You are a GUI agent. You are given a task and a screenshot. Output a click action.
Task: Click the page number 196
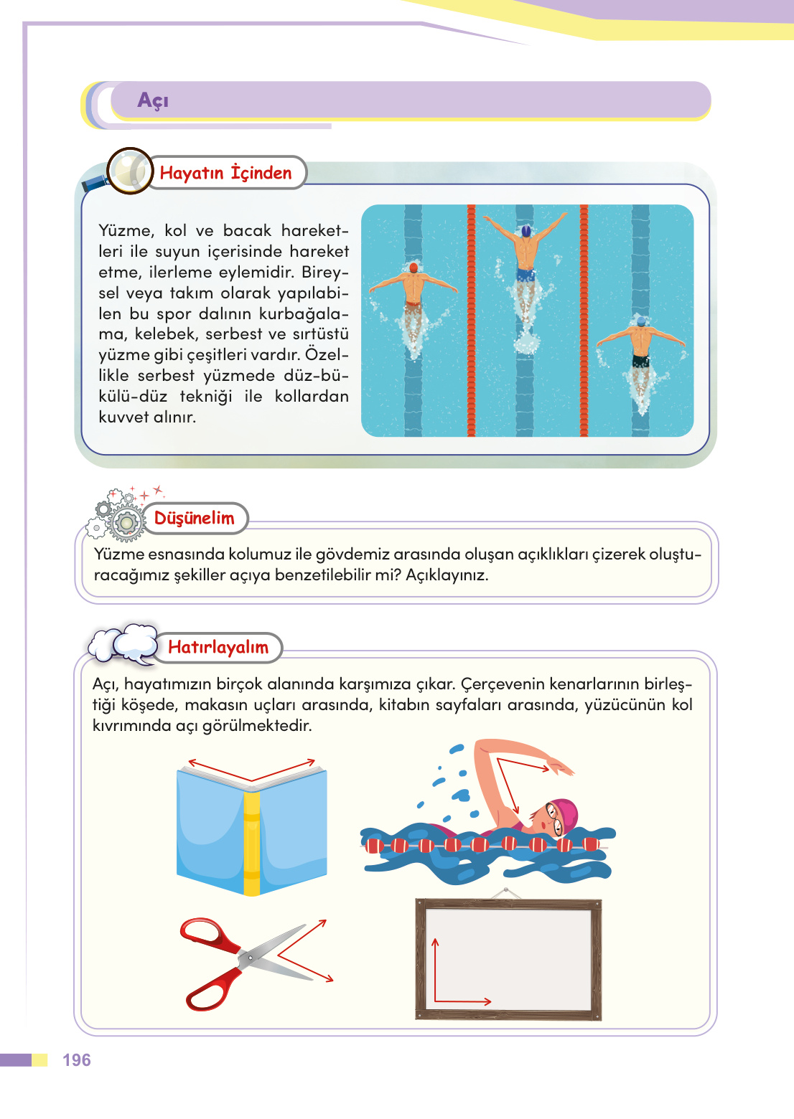[x=77, y=1060]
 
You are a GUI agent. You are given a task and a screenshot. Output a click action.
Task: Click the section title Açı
[x=153, y=100]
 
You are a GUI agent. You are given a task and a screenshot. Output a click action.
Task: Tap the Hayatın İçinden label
[x=225, y=173]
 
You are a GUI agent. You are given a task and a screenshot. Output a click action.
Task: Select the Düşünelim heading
[x=194, y=519]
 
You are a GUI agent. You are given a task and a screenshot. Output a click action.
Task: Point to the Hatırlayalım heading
[x=218, y=647]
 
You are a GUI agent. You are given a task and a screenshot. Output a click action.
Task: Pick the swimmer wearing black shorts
[x=641, y=351]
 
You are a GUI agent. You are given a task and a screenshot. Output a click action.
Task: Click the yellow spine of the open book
[x=251, y=844]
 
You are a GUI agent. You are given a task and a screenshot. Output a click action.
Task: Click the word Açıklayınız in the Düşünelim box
[x=447, y=575]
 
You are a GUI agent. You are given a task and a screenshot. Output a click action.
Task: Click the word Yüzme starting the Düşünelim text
[x=118, y=554]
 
